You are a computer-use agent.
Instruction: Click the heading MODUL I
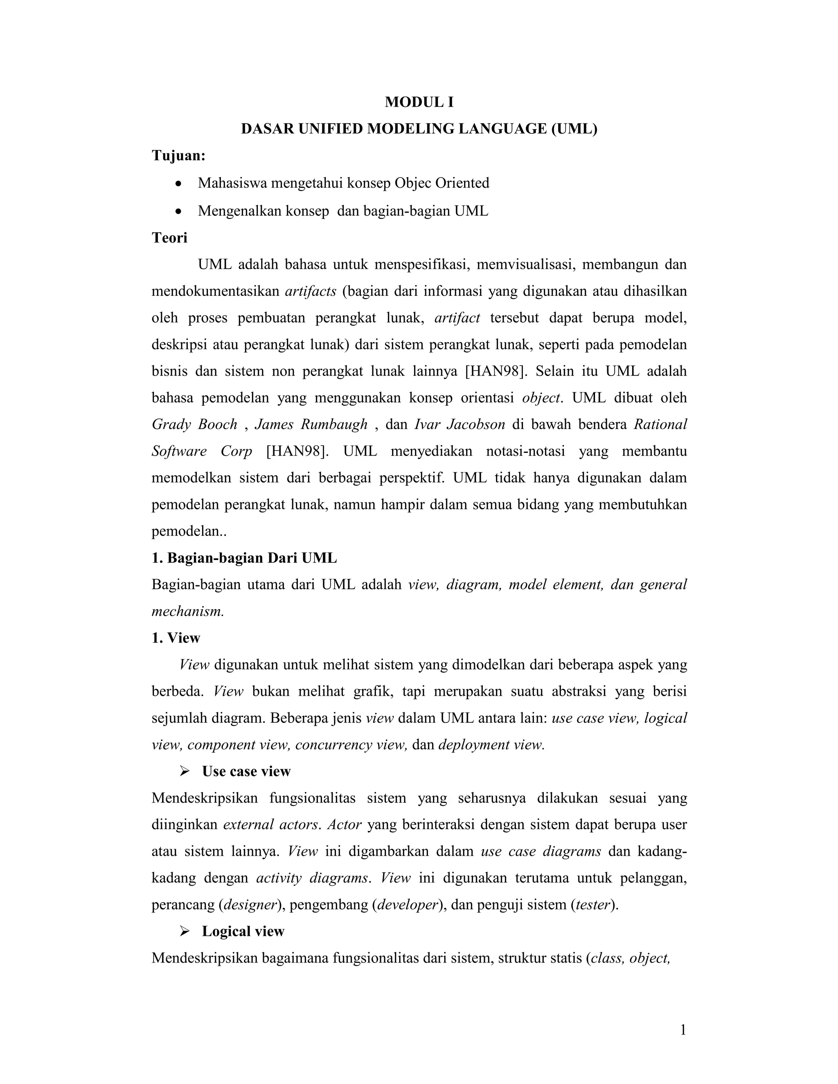[x=419, y=102]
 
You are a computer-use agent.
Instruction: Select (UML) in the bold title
[x=573, y=129]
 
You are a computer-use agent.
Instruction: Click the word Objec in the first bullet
[x=413, y=183]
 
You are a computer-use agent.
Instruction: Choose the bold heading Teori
[x=169, y=238]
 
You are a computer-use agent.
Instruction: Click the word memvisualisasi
[x=525, y=265]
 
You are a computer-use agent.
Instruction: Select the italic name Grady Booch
[x=195, y=424]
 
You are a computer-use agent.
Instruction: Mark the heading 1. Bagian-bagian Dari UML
[x=244, y=558]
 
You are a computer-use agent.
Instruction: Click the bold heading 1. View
[x=176, y=638]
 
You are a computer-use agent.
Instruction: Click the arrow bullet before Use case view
[x=185, y=771]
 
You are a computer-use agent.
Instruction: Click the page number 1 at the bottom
[x=683, y=1030]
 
